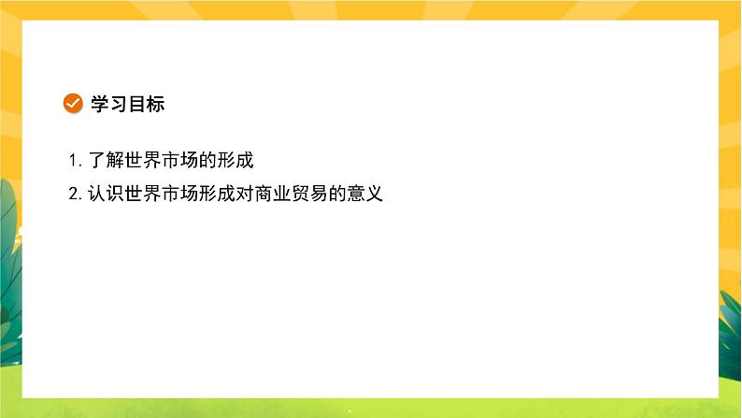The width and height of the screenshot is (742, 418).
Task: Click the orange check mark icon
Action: coord(72,104)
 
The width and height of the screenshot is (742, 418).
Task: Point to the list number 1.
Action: coord(73,160)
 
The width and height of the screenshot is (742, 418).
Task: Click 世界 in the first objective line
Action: coord(143,160)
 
